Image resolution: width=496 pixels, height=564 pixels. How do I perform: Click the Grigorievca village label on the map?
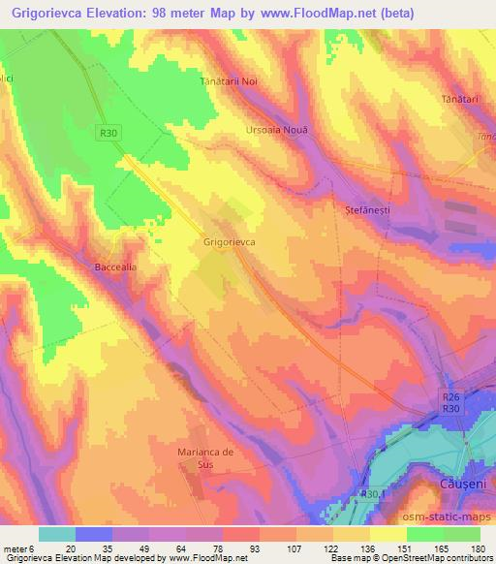[229, 245]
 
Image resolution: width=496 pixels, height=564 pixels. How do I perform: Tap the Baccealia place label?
[119, 266]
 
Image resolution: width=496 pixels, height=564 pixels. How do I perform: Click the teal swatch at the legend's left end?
[57, 534]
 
